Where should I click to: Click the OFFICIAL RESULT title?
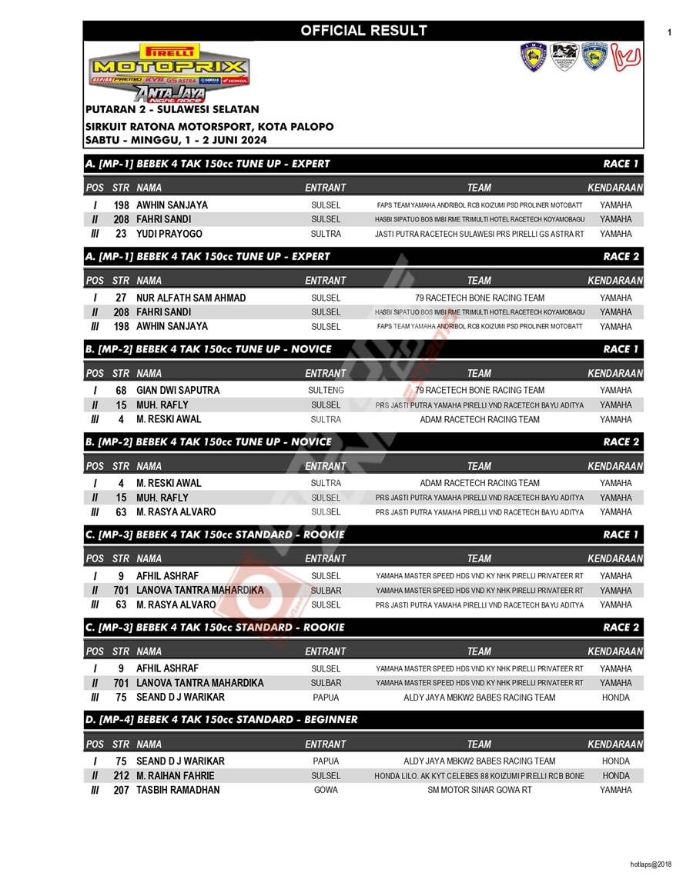click(x=363, y=31)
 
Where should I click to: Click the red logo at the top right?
click(x=627, y=58)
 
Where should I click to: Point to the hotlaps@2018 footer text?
click(x=651, y=864)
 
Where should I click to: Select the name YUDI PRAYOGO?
click(x=169, y=234)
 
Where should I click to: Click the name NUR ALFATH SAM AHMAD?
click(x=191, y=298)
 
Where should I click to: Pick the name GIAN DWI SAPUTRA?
click(x=178, y=390)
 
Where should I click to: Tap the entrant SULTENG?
click(x=326, y=390)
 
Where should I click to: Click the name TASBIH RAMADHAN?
click(x=178, y=790)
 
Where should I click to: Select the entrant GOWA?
click(x=326, y=790)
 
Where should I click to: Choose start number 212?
click(x=121, y=775)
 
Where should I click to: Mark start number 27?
click(x=121, y=298)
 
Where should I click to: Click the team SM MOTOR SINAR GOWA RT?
click(x=479, y=790)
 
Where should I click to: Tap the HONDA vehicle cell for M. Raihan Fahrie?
click(x=615, y=775)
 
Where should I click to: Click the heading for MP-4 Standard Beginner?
click(x=222, y=720)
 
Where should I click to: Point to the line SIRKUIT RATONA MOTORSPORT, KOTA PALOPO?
click(x=209, y=126)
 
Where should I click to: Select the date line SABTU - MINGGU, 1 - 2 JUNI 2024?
click(x=176, y=140)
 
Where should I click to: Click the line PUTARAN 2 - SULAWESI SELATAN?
click(x=172, y=110)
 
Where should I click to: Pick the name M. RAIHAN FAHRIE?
click(x=176, y=775)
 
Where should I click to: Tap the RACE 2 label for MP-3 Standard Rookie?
click(x=621, y=628)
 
